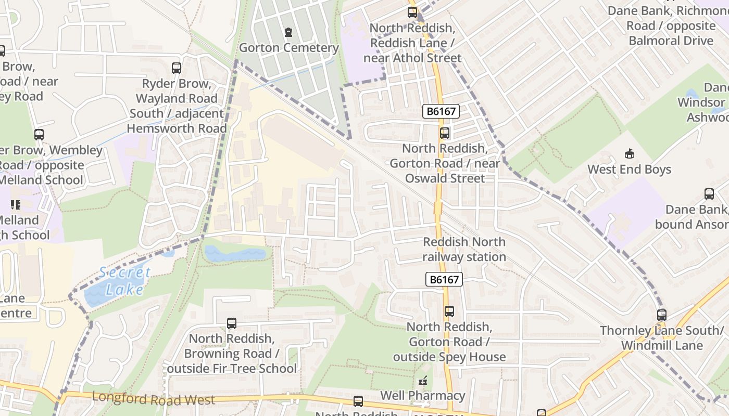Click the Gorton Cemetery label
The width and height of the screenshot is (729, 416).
tap(288, 48)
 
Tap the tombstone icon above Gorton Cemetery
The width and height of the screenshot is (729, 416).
tap(288, 32)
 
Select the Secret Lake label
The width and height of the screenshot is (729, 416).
tap(125, 281)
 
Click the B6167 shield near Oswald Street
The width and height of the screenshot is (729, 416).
tap(441, 111)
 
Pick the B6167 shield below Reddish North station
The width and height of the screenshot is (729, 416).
tap(444, 279)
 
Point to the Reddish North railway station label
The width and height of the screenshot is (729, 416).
tap(464, 249)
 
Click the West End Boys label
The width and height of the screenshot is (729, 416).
tap(629, 169)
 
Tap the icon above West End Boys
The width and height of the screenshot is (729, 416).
tap(630, 153)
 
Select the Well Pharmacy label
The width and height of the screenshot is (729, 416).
tap(422, 395)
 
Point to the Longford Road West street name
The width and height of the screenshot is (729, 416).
tap(153, 399)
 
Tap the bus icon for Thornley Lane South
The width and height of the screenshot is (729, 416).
tap(661, 315)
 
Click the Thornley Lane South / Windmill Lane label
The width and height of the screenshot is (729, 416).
tap(661, 338)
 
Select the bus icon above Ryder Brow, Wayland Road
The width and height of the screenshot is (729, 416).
tap(177, 68)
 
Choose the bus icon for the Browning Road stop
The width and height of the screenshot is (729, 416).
tap(232, 323)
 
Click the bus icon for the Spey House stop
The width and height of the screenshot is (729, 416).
tap(449, 311)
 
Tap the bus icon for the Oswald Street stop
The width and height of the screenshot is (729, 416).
tap(444, 133)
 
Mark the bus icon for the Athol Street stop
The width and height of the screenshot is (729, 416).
tap(412, 12)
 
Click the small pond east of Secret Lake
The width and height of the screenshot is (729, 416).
tap(235, 254)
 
